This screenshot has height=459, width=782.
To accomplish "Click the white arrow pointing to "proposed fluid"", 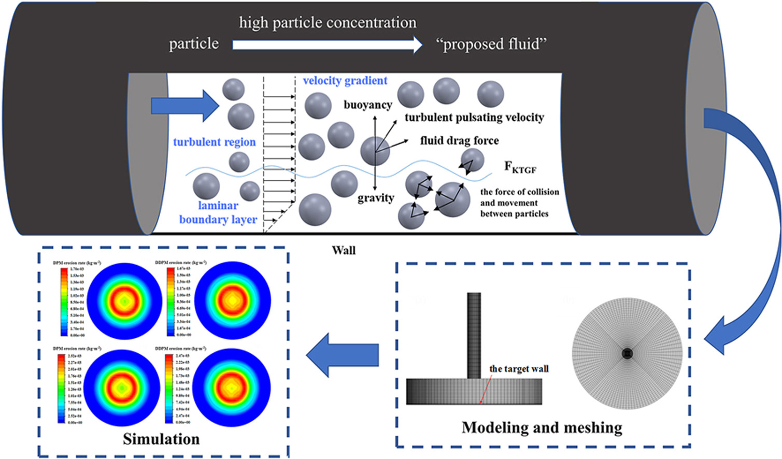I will click(327, 45).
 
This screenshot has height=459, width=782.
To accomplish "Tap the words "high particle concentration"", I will click(328, 23).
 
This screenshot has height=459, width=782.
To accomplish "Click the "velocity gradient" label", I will click(345, 81).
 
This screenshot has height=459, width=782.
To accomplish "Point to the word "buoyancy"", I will click(368, 105).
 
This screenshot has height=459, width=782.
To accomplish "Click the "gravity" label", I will click(376, 198).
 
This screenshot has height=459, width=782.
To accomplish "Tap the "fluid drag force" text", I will click(459, 140).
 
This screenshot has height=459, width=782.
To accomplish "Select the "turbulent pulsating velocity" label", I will click(474, 118).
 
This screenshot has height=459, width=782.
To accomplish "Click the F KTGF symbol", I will click(520, 167).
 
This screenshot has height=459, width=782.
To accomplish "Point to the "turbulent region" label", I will click(214, 142).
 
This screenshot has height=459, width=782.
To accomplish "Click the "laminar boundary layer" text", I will click(218, 212).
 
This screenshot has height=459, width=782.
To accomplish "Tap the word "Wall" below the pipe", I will click(344, 251).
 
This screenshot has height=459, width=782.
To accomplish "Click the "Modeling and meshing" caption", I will click(542, 427).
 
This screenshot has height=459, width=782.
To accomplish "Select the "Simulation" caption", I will click(161, 439).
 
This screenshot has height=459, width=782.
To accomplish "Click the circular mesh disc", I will click(627, 353).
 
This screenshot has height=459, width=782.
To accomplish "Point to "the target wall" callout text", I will click(519, 369).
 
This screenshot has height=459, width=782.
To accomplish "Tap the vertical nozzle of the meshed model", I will click(474, 335).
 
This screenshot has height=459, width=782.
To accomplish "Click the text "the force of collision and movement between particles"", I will click(519, 203).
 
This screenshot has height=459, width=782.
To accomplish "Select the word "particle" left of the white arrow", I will click(194, 44).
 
